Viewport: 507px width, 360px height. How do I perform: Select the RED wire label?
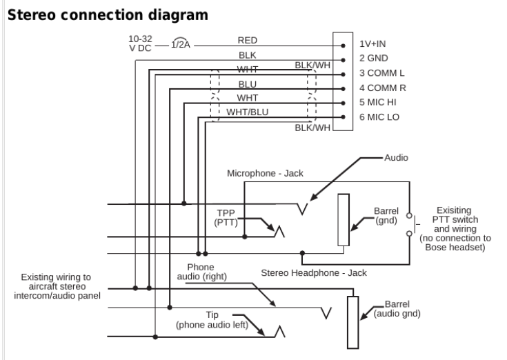point(248,41)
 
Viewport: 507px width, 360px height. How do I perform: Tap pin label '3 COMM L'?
point(381,73)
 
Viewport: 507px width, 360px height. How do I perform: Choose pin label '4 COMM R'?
point(381,88)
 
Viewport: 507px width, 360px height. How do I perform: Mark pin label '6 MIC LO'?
point(379,117)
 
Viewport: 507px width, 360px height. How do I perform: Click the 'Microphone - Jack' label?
point(266,173)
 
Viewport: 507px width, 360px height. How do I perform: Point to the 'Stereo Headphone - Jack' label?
point(314,272)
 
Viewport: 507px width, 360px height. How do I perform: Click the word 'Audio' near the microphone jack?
point(396,158)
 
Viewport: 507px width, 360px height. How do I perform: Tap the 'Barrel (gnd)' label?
point(386,217)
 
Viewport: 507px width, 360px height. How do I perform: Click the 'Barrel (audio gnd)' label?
point(397,308)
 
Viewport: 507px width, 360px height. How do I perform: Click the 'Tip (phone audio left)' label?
point(212,319)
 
